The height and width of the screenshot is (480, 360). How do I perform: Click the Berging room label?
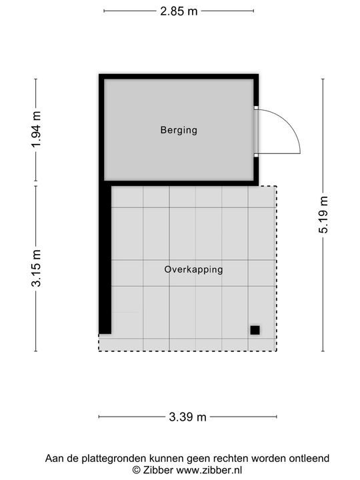pyautogui.click(x=179, y=130)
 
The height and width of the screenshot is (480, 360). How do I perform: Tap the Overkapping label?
pyautogui.click(x=193, y=270)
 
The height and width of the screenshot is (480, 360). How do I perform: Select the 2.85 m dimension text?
pyautogui.click(x=179, y=11)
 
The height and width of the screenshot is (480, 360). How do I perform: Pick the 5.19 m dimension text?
pyautogui.click(x=323, y=215)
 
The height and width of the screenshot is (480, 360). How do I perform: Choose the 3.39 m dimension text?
pyautogui.click(x=188, y=417)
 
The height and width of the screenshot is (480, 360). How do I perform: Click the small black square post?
pyautogui.click(x=255, y=329)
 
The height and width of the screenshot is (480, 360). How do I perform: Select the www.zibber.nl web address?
pyautogui.click(x=200, y=469)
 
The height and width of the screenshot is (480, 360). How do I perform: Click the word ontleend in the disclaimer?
pyautogui.click(x=309, y=459)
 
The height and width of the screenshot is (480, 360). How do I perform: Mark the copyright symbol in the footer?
pyautogui.click(x=136, y=469)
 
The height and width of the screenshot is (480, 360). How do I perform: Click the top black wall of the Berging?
pyautogui.click(x=179, y=77)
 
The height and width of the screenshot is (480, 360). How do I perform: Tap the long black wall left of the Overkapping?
pyautogui.click(x=105, y=260)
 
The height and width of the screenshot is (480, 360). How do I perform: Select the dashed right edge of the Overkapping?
pyautogui.click(x=276, y=267)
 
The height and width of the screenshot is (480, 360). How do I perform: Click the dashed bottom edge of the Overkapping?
pyautogui.click(x=187, y=351)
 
